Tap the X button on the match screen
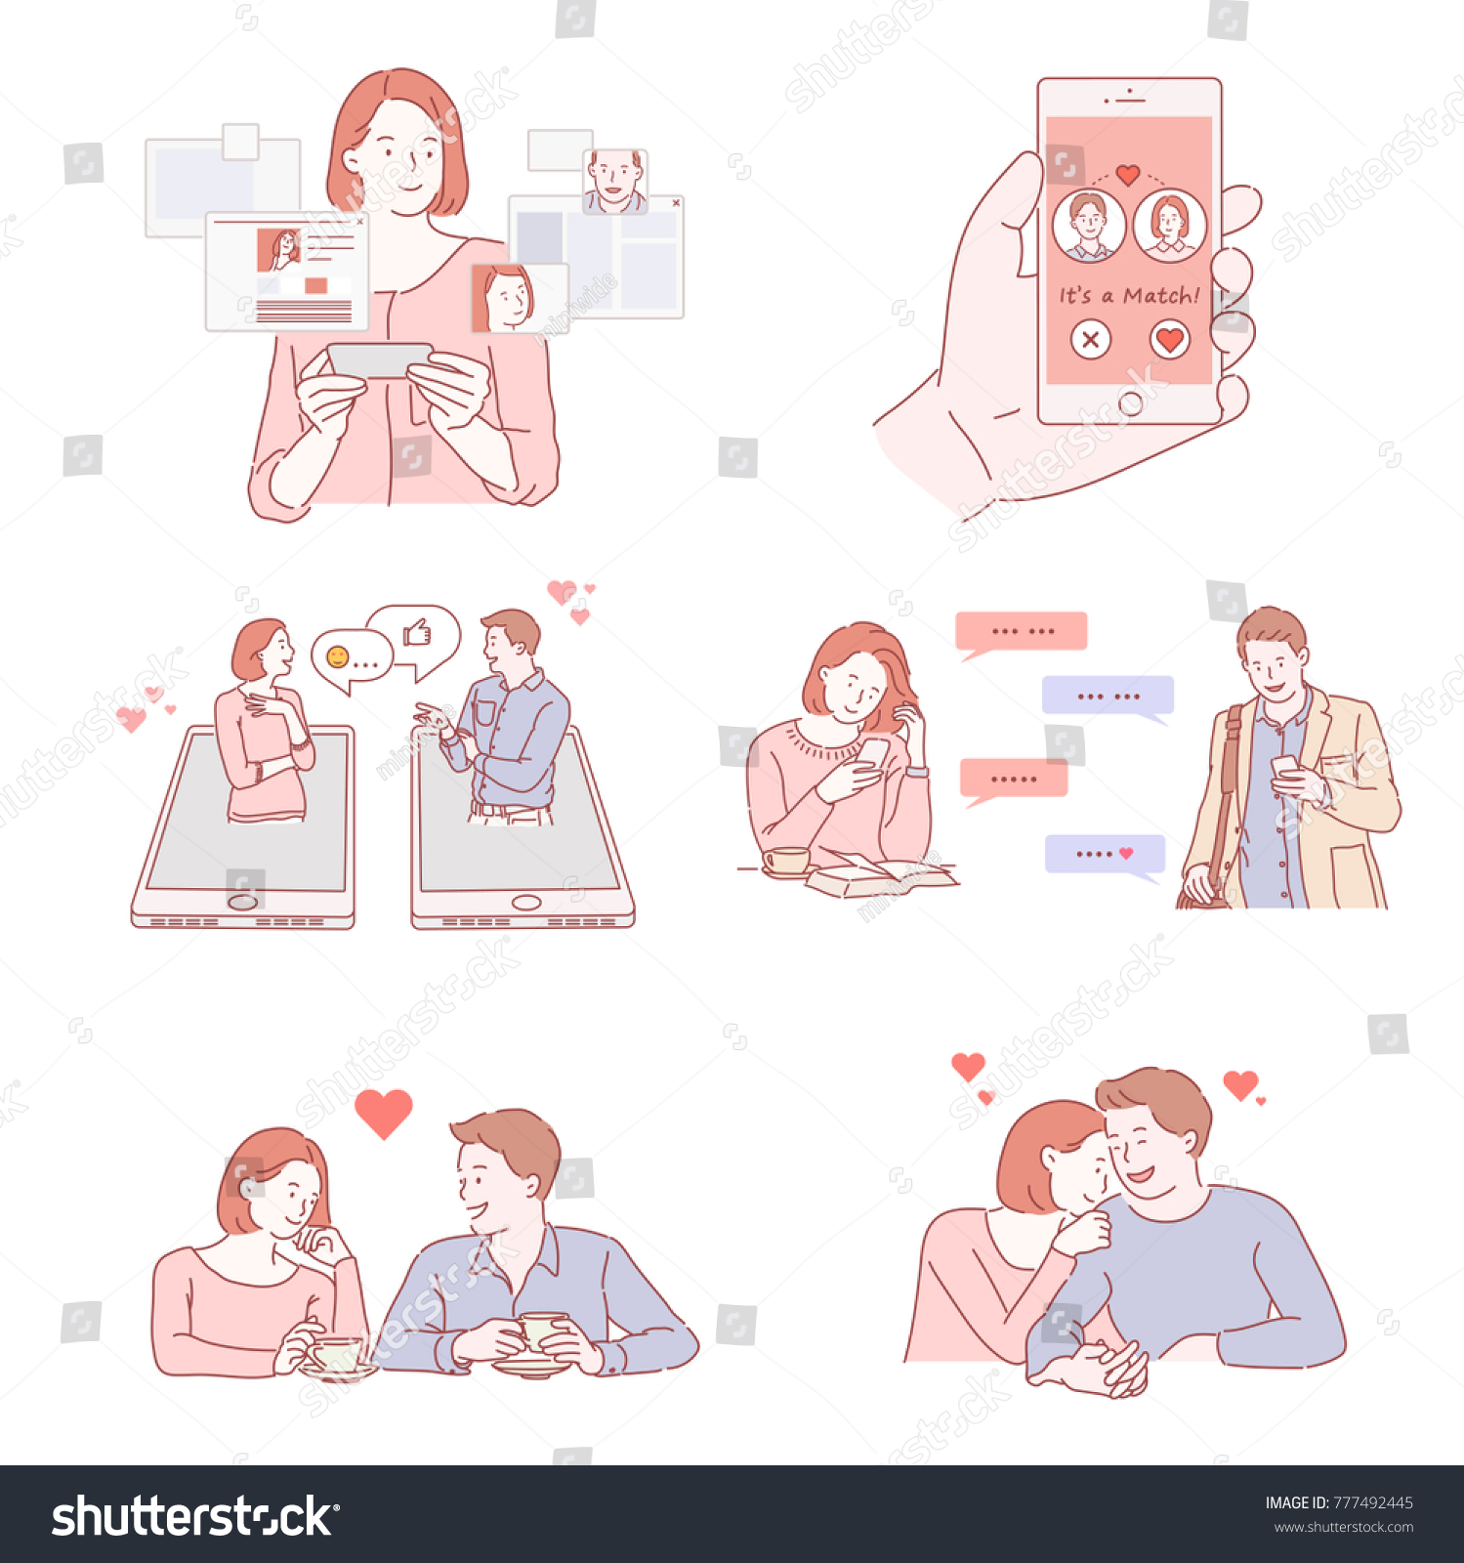1090,340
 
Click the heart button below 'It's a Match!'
1169,340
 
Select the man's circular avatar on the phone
1088,226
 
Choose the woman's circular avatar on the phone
1169,226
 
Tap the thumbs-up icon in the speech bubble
417,633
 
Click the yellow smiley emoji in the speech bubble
338,656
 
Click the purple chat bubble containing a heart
1105,854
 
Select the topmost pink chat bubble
1021,631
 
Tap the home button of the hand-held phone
1130,403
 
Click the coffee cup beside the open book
787,861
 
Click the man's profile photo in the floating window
615,181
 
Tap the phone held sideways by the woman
379,359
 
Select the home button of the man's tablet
525,902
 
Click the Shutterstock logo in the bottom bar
194,1517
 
